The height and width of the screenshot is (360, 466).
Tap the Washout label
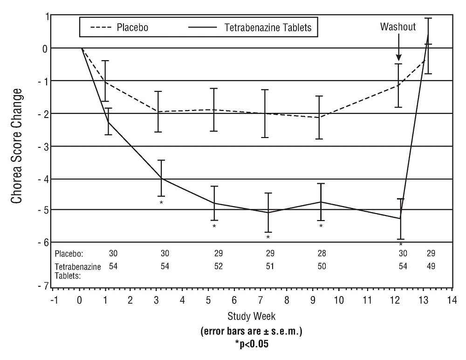coord(397,26)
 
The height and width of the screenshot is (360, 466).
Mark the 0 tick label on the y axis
coord(45,48)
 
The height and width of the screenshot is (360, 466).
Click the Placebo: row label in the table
coord(69,254)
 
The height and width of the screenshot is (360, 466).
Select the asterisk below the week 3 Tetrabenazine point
coord(161,203)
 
